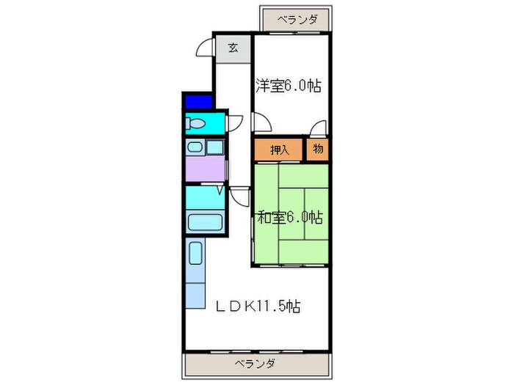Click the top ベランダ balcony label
[298, 20]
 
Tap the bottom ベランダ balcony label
[255, 364]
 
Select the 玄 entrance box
[232, 48]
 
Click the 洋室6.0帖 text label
[288, 85]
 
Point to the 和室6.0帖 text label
[289, 217]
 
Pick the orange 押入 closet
[279, 150]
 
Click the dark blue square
[197, 100]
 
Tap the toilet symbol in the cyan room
[197, 124]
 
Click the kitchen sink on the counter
[196, 254]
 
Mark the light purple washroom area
[204, 169]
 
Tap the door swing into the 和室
[239, 196]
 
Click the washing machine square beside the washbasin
[214, 147]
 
